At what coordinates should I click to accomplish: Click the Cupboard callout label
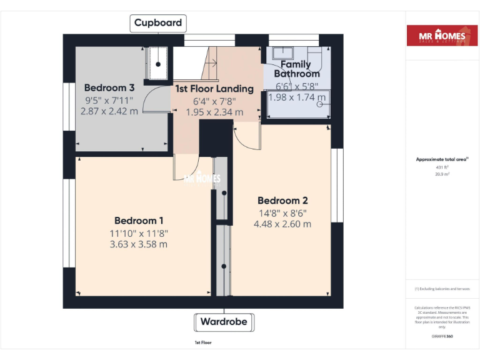[x=158, y=24]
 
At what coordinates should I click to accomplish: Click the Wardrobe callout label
[x=224, y=322]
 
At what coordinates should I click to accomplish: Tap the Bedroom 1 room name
[x=139, y=221]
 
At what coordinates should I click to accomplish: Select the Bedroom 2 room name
[x=282, y=201]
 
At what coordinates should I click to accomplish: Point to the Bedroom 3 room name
[x=109, y=87]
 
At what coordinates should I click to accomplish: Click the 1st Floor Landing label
[x=214, y=89]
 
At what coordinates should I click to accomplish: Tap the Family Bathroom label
[x=296, y=69]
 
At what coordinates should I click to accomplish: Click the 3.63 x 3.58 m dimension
[x=139, y=244]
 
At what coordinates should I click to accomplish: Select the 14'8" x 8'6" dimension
[x=282, y=212]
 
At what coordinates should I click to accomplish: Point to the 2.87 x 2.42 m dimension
[x=109, y=111]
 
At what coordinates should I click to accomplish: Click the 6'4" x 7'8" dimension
[x=214, y=101]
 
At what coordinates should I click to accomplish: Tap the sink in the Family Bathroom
[x=280, y=52]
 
